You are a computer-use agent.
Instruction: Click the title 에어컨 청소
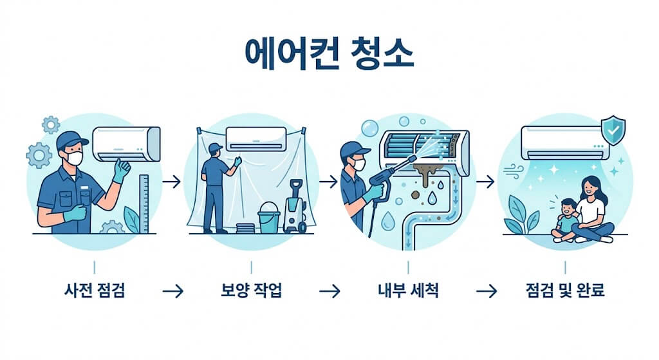tap(329, 55)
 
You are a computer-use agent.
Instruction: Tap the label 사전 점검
tap(95, 290)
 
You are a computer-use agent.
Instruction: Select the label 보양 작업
tap(251, 290)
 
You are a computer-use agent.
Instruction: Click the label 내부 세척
tap(408, 290)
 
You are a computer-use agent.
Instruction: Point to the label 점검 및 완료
tap(565, 290)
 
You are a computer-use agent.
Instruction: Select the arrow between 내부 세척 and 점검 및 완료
tap(487, 291)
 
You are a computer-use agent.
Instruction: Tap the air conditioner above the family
tap(564, 142)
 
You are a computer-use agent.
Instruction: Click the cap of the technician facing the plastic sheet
tap(216, 147)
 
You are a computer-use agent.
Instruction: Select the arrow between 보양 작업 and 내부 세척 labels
tap(329, 291)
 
